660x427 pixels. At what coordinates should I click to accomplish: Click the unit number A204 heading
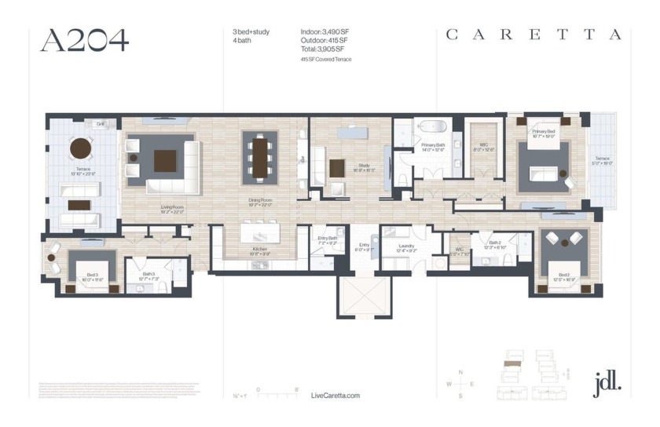click(84, 40)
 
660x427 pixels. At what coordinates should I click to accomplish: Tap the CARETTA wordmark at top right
click(534, 35)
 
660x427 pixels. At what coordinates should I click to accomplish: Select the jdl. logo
click(607, 382)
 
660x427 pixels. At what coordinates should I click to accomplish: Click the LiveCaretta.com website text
click(335, 396)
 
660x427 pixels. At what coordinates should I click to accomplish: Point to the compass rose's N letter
click(460, 371)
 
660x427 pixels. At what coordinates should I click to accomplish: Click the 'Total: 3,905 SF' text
click(322, 49)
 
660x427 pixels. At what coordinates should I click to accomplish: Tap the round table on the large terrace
click(81, 148)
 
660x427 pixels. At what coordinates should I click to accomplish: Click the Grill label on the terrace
click(101, 125)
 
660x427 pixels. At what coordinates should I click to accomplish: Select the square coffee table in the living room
click(165, 160)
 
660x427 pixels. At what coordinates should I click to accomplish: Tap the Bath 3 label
click(148, 274)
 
